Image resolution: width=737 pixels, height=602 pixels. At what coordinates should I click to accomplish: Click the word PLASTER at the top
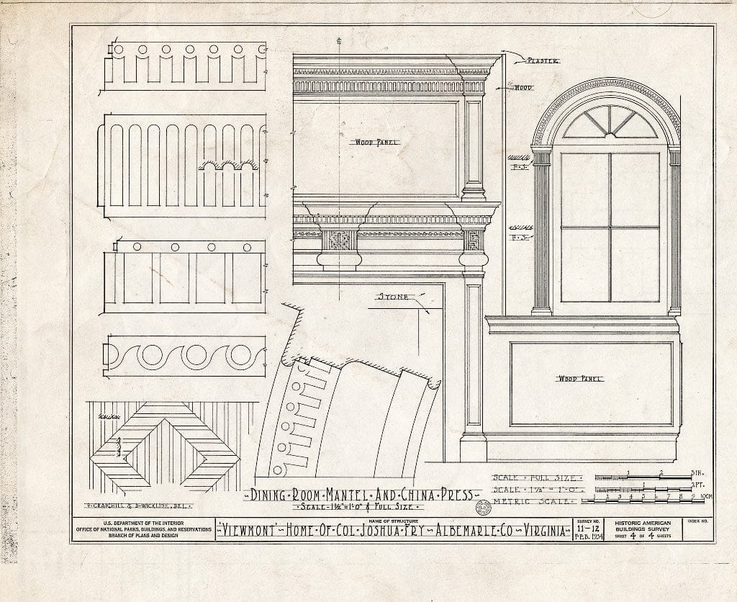(x=542, y=61)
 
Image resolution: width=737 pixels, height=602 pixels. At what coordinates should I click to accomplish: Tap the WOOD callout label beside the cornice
(x=523, y=87)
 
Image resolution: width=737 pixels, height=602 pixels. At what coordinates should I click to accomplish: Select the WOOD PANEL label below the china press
(x=580, y=377)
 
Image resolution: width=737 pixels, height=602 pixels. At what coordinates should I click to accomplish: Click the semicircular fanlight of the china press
(x=610, y=122)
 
